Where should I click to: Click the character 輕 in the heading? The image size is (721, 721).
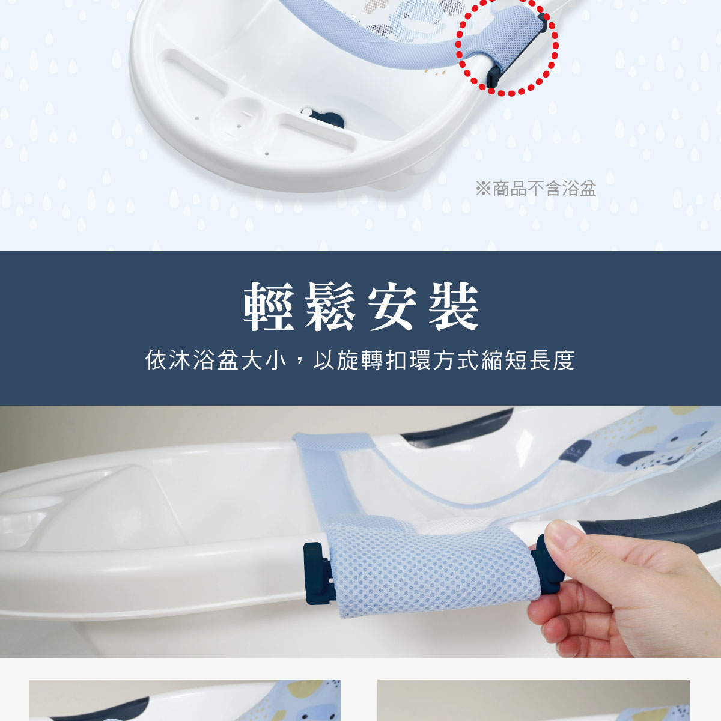coord(269,306)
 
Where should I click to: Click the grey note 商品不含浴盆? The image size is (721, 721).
coord(544,189)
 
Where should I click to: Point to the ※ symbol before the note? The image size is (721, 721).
coord(483,189)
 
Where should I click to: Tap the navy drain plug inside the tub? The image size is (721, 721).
coord(324,117)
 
